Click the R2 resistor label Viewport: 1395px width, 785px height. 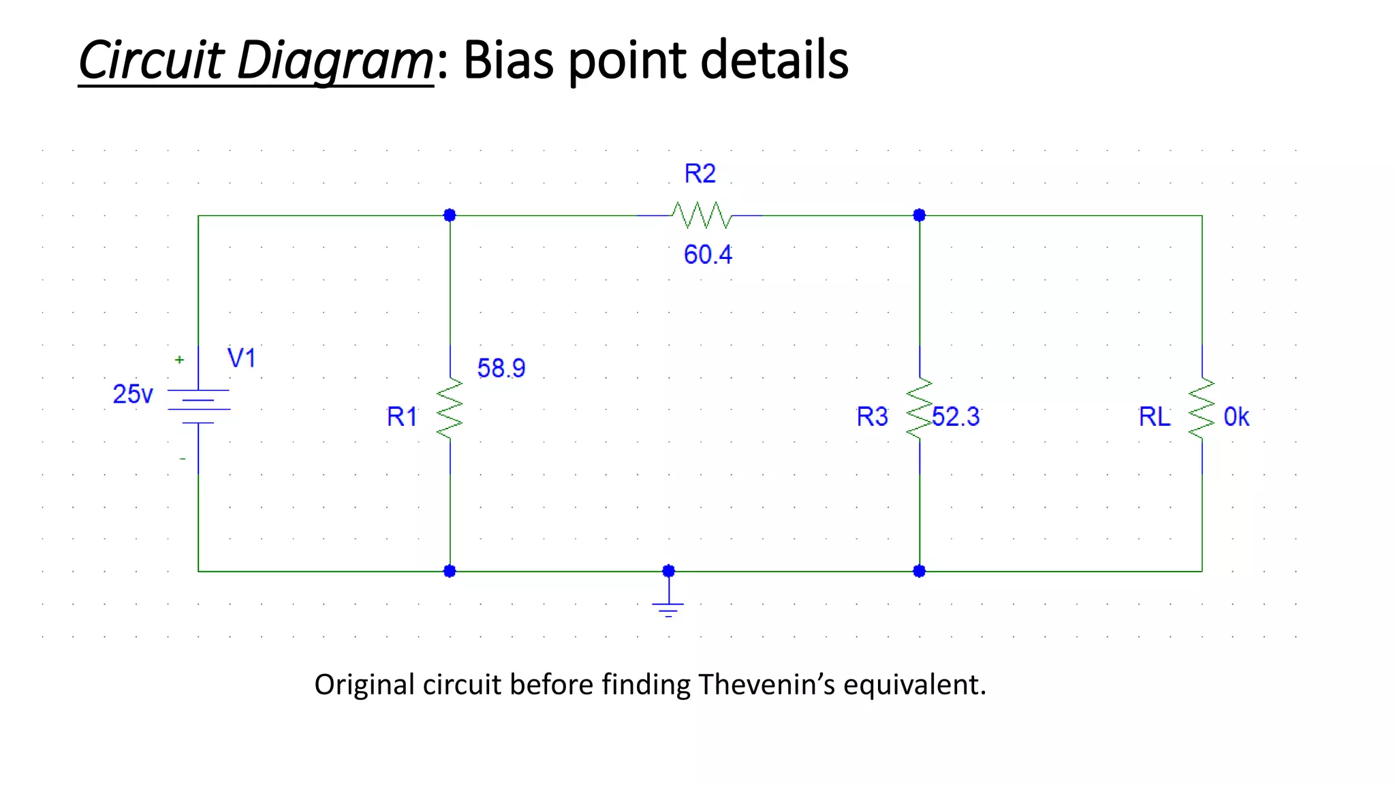pyautogui.click(x=700, y=174)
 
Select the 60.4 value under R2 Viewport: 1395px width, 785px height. pyautogui.click(x=708, y=255)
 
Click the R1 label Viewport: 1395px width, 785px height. pyautogui.click(x=402, y=416)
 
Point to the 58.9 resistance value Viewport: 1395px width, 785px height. pyautogui.click(x=501, y=369)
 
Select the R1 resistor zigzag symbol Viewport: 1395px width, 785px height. pyautogui.click(x=450, y=409)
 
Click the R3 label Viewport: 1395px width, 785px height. pyautogui.click(x=872, y=416)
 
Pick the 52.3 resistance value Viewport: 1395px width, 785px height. pyautogui.click(x=956, y=416)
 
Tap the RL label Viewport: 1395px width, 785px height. pyautogui.click(x=1155, y=416)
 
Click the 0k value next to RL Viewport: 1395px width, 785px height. pyautogui.click(x=1236, y=416)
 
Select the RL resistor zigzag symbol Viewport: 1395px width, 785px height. pyautogui.click(x=1202, y=409)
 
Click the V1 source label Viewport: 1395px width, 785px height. pyautogui.click(x=241, y=358)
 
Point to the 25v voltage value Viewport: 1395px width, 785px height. pyautogui.click(x=133, y=394)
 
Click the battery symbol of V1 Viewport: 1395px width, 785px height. pyautogui.click(x=198, y=406)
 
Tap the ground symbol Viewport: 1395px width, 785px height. pyautogui.click(x=668, y=608)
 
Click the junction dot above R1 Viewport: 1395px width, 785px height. pyautogui.click(x=450, y=215)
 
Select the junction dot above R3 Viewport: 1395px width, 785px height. pyautogui.click(x=919, y=215)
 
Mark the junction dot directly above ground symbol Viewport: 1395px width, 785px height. pyautogui.click(x=668, y=571)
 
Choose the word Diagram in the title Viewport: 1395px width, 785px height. pyautogui.click(x=334, y=60)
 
